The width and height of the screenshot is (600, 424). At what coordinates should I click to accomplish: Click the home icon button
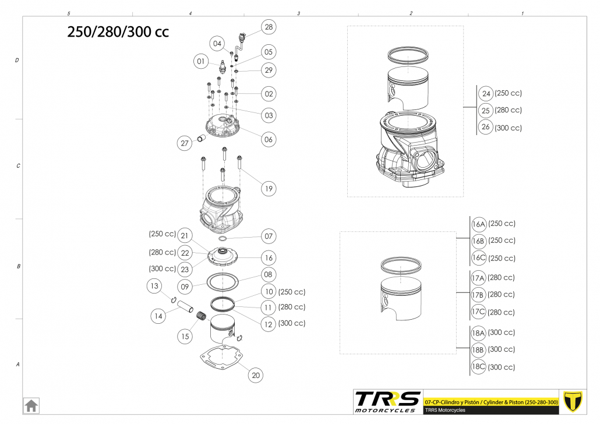click(31, 405)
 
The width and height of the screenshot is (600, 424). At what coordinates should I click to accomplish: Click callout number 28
click(269, 27)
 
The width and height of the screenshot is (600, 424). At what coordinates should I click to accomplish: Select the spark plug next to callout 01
click(223, 68)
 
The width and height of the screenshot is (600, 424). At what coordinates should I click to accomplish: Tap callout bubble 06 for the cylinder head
click(269, 139)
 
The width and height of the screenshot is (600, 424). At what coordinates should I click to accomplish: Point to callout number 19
click(269, 189)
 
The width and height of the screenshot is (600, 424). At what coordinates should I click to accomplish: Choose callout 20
click(256, 376)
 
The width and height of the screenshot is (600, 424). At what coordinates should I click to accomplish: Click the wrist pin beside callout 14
click(185, 306)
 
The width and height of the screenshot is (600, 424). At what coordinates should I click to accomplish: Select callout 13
click(154, 286)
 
